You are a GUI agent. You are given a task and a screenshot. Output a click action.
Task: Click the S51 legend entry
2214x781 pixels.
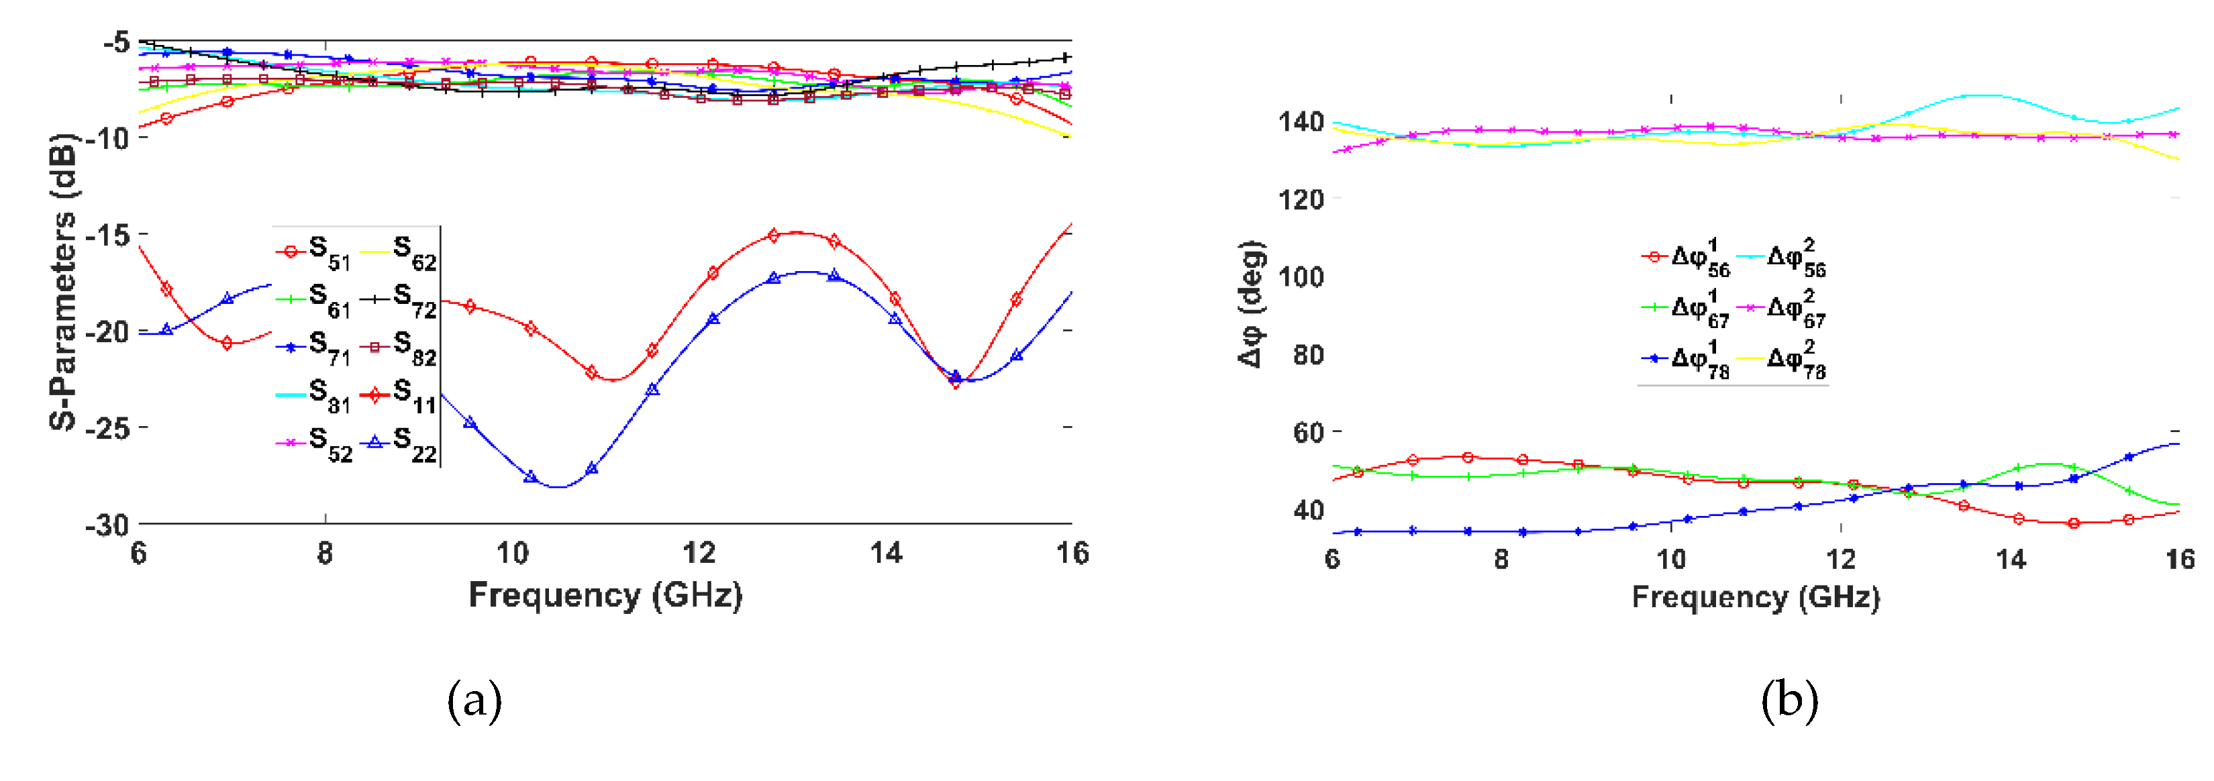(x=313, y=252)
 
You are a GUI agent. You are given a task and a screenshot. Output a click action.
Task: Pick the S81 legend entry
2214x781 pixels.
(x=313, y=395)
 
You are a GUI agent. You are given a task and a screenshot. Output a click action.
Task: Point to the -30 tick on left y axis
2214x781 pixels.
(x=107, y=524)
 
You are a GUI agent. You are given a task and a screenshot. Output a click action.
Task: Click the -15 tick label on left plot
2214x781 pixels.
(x=107, y=235)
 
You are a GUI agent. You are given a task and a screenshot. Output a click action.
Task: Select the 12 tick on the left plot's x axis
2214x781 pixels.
(x=699, y=552)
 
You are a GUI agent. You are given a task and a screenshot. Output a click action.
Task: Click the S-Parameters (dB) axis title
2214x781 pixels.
(x=62, y=281)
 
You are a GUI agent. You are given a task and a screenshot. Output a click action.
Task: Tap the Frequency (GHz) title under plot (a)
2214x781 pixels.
(x=605, y=594)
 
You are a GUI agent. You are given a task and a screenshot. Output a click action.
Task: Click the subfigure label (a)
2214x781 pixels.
(x=474, y=700)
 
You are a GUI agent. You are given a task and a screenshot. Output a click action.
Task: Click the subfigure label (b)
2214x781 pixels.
(x=1789, y=700)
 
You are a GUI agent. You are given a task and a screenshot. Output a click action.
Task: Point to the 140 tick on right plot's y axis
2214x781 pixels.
(x=1301, y=122)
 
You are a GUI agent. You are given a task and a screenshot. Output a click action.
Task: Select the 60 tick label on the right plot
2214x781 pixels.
(x=1308, y=432)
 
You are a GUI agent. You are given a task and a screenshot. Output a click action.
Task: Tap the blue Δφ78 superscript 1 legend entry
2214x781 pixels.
(x=1685, y=359)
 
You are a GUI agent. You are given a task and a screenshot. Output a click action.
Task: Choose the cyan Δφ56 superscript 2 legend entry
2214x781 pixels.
(x=1782, y=258)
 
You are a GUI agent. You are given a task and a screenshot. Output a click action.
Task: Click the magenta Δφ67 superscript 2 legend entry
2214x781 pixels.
(x=1782, y=309)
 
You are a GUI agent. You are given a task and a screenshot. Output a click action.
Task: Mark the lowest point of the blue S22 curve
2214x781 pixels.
(x=558, y=487)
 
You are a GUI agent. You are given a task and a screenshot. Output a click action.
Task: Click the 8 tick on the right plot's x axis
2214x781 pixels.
(x=1501, y=560)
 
